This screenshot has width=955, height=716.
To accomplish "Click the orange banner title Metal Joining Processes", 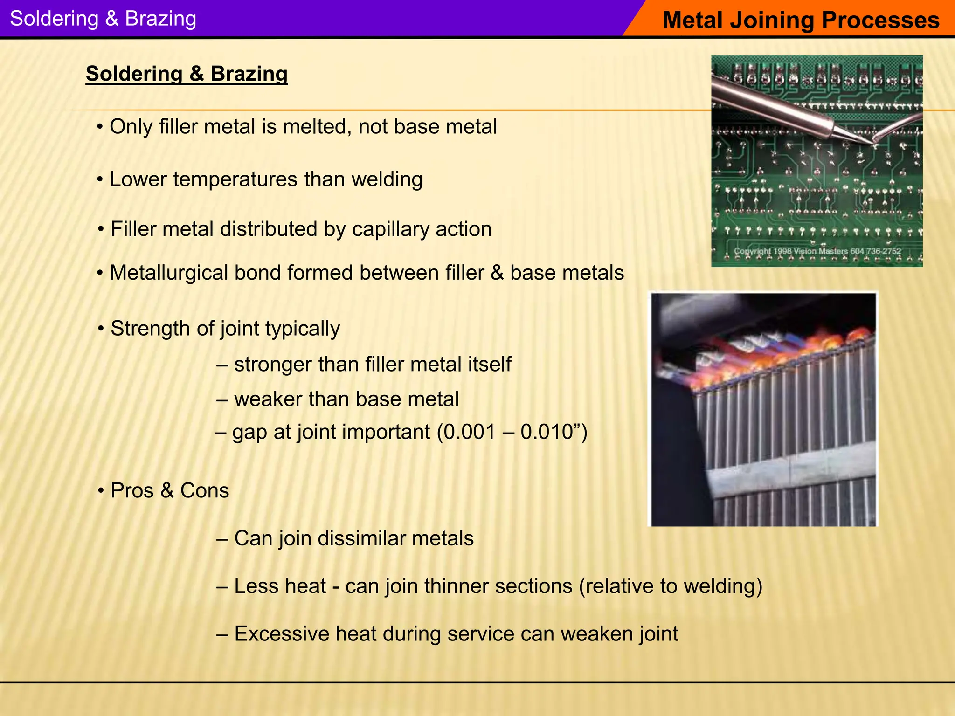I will pos(800,20).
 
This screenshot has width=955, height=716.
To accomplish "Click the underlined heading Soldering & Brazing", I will pos(187,74).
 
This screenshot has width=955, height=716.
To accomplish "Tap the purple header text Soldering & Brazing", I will pos(103,19).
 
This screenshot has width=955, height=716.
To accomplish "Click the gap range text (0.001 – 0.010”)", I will pos(512,432).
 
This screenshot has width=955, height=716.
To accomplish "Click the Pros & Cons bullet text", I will pos(169,491).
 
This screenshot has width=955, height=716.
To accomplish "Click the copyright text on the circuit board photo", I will pos(817,251).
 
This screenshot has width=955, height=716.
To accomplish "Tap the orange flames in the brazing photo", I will pos(765,354).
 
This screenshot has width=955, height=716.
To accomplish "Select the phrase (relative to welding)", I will pos(671,586).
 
